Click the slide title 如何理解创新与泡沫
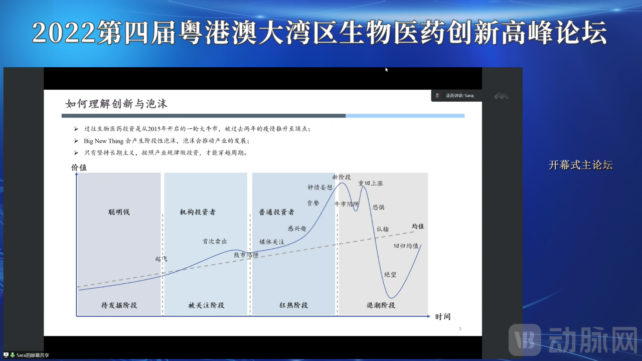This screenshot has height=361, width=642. click(x=116, y=104)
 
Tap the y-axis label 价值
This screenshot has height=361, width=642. click(x=79, y=167)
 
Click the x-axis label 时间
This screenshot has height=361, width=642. click(x=443, y=317)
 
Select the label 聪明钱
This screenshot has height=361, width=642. click(x=119, y=212)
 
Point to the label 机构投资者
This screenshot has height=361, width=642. click(x=198, y=212)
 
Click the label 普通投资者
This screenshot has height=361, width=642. click(x=277, y=212)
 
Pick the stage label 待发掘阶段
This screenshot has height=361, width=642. click(x=119, y=305)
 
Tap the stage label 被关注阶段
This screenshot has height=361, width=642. click(x=206, y=305)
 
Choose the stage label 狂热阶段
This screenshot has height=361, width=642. click(x=293, y=305)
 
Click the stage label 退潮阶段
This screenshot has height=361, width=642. click(x=381, y=305)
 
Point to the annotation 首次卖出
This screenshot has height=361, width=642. click(x=215, y=241)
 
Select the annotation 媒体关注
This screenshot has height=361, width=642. click(x=272, y=242)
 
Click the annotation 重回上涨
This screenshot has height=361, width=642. click(x=371, y=184)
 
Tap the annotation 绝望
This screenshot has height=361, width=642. click(x=390, y=274)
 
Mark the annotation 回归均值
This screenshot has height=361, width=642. click(x=406, y=246)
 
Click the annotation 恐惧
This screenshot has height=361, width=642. click(x=379, y=207)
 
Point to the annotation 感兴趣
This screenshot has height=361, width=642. click(x=297, y=228)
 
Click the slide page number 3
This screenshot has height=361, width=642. click(x=460, y=329)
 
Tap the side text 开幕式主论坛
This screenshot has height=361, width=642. click(x=580, y=165)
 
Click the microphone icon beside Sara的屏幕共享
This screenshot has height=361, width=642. click(x=13, y=355)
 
